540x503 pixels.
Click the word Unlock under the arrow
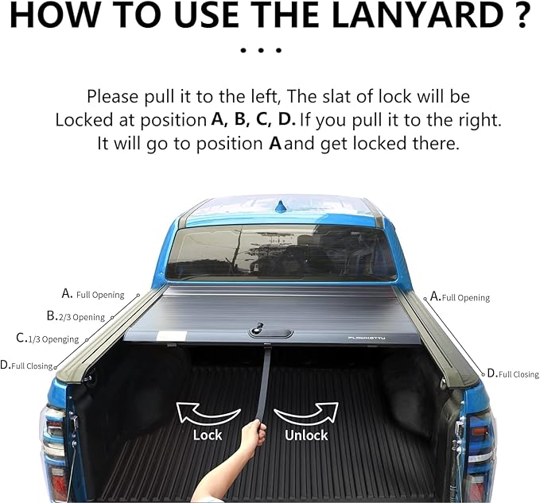[306, 435]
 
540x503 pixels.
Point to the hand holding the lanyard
[253, 435]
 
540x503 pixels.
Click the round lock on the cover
[258, 327]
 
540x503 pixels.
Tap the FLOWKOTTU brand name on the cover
[376, 337]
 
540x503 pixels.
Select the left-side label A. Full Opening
[93, 294]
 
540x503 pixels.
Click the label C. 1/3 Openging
[49, 339]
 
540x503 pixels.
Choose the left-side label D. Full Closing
[27, 366]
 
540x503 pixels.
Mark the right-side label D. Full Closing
[513, 373]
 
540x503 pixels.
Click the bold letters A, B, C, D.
[253, 121]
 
